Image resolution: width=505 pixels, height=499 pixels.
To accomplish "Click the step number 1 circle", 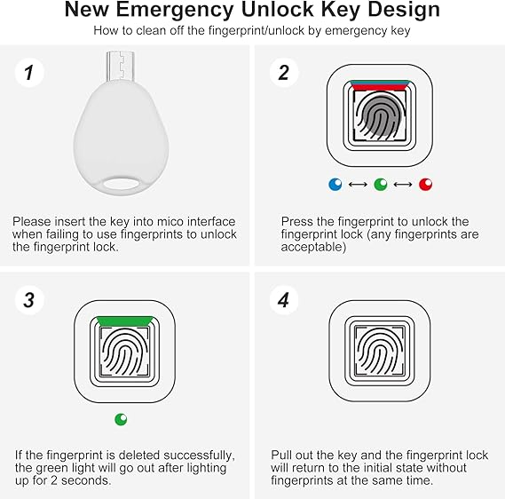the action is (29, 73).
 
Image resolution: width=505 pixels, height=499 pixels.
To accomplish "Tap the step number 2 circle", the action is (284, 73).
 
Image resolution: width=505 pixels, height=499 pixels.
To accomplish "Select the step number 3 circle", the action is (29, 300).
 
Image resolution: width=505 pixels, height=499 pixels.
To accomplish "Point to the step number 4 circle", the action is (284, 300).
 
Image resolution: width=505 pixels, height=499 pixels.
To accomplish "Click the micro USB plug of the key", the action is (120, 66).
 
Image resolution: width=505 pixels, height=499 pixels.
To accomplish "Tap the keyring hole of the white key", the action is (121, 184).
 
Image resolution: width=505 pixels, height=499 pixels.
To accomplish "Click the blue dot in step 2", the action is (335, 185).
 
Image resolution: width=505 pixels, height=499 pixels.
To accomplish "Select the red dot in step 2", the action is (425, 185).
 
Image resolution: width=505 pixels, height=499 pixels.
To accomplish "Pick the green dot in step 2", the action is (381, 185).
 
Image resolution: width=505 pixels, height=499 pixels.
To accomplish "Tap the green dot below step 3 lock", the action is (121, 419).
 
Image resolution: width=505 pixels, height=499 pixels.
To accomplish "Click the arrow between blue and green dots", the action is (358, 185).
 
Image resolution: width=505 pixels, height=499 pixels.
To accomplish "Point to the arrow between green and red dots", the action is (403, 185).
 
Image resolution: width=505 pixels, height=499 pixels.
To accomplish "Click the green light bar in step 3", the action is (125, 321).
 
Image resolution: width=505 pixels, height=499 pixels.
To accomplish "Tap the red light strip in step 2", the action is (379, 87).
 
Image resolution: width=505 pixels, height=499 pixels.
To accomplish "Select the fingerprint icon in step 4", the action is (380, 352).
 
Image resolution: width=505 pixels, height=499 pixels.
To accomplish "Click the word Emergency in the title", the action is (175, 11).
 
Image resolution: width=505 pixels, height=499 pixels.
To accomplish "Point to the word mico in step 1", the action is (170, 222).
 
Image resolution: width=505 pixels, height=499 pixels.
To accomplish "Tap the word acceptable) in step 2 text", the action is (313, 248).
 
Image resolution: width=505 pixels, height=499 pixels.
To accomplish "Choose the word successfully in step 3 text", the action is (199, 455).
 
